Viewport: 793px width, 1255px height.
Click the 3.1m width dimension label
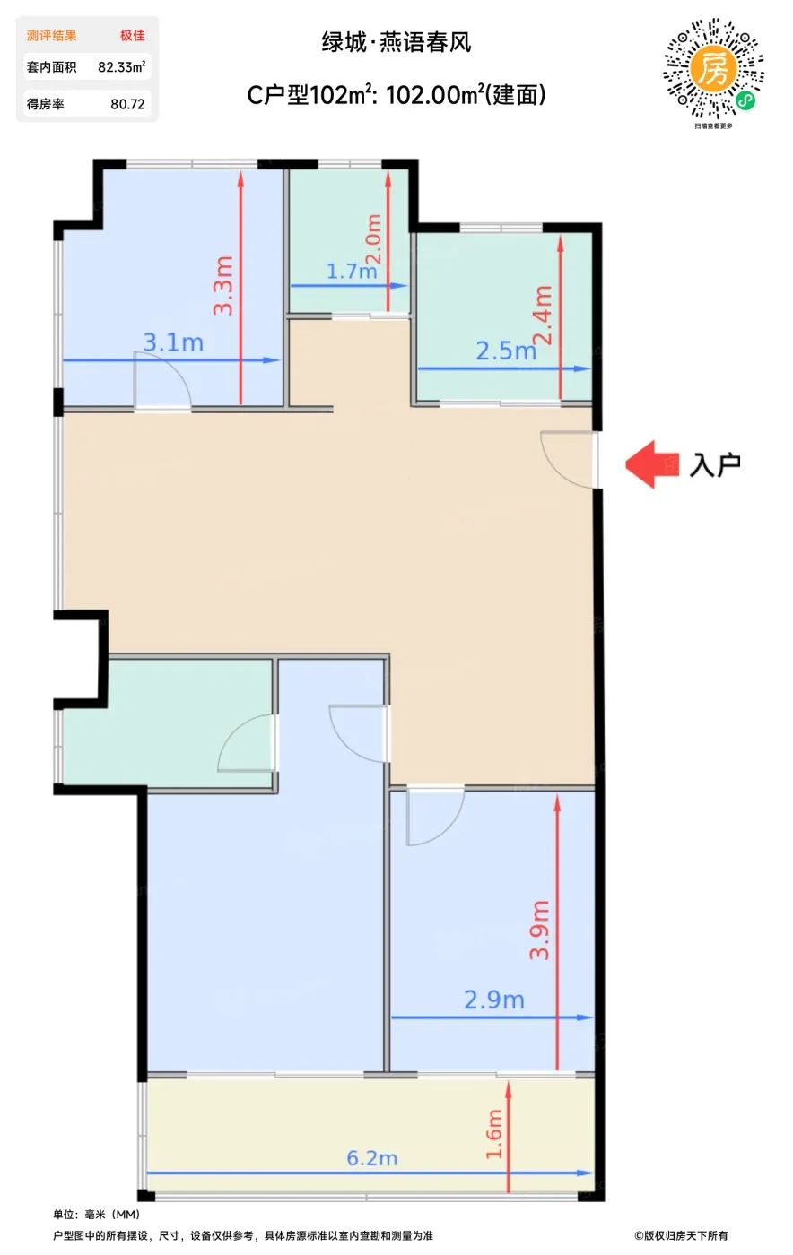click(x=173, y=342)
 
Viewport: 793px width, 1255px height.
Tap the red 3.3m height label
click(x=223, y=285)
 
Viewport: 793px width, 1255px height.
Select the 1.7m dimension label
click(x=352, y=272)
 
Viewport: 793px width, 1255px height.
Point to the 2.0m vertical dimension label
click(x=373, y=238)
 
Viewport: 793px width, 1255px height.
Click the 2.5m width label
click(x=506, y=351)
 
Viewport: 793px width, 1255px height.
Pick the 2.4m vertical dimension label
click(x=543, y=316)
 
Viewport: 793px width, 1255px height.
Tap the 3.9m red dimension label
click(x=539, y=930)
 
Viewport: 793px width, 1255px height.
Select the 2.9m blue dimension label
click(x=494, y=1000)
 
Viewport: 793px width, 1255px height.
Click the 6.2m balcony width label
click(x=371, y=1158)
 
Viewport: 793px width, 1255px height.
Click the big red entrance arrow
click(x=652, y=464)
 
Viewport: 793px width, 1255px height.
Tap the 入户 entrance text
click(x=715, y=464)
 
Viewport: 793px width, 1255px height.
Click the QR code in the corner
click(x=713, y=69)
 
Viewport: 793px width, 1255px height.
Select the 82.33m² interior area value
click(x=122, y=67)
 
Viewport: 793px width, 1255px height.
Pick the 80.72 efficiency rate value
click(x=128, y=104)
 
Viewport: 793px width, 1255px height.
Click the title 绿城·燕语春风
click(x=396, y=43)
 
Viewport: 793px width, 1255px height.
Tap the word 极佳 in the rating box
click(x=133, y=35)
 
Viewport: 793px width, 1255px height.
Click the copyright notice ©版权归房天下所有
click(x=682, y=1235)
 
